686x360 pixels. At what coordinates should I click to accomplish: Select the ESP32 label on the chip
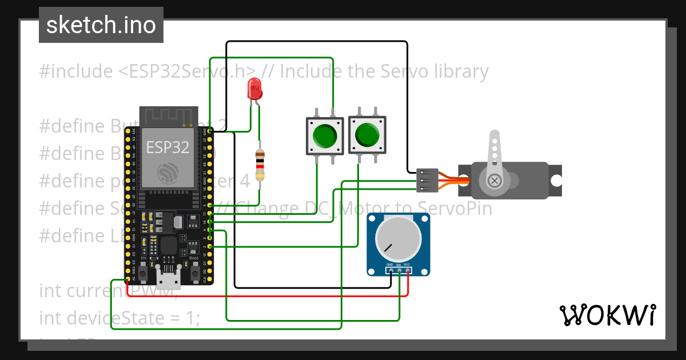coord(167,147)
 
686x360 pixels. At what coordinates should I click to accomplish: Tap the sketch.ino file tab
coord(101,25)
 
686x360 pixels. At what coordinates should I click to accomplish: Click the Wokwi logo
coord(607,315)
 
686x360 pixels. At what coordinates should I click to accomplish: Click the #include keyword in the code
coord(76,71)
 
